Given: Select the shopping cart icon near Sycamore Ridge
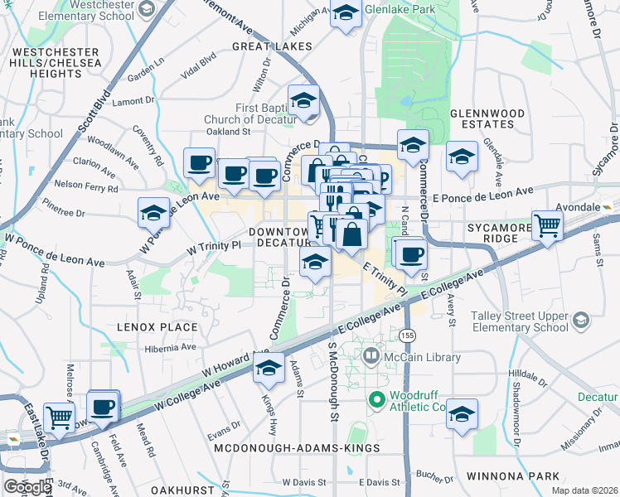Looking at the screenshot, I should pyautogui.click(x=547, y=224).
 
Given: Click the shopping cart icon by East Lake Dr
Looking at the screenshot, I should pyautogui.click(x=59, y=417).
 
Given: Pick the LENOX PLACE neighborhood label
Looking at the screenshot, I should pyautogui.click(x=157, y=327).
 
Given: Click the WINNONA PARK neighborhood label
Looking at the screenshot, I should pyautogui.click(x=515, y=476).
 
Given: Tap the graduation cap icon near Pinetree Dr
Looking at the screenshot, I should pyautogui.click(x=153, y=213).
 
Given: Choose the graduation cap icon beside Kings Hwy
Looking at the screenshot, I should pyautogui.click(x=268, y=371).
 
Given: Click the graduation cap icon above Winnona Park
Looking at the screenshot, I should pyautogui.click(x=462, y=414).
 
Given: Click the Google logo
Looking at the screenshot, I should pyautogui.click(x=27, y=486).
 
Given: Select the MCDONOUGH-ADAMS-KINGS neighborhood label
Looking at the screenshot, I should pyautogui.click(x=296, y=448).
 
